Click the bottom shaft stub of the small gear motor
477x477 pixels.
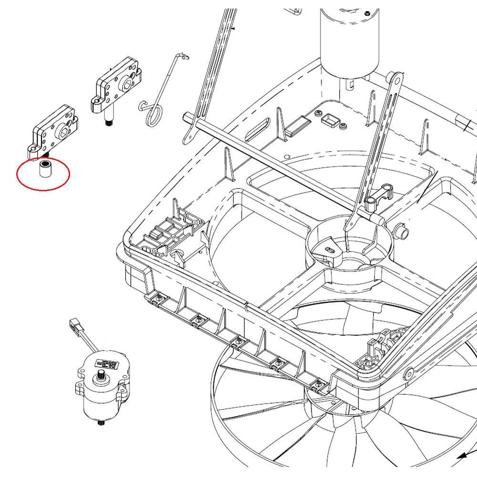pos(101,423)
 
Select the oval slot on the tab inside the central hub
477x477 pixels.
pos(329,249)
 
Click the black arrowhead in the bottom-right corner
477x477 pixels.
pos(461,456)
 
